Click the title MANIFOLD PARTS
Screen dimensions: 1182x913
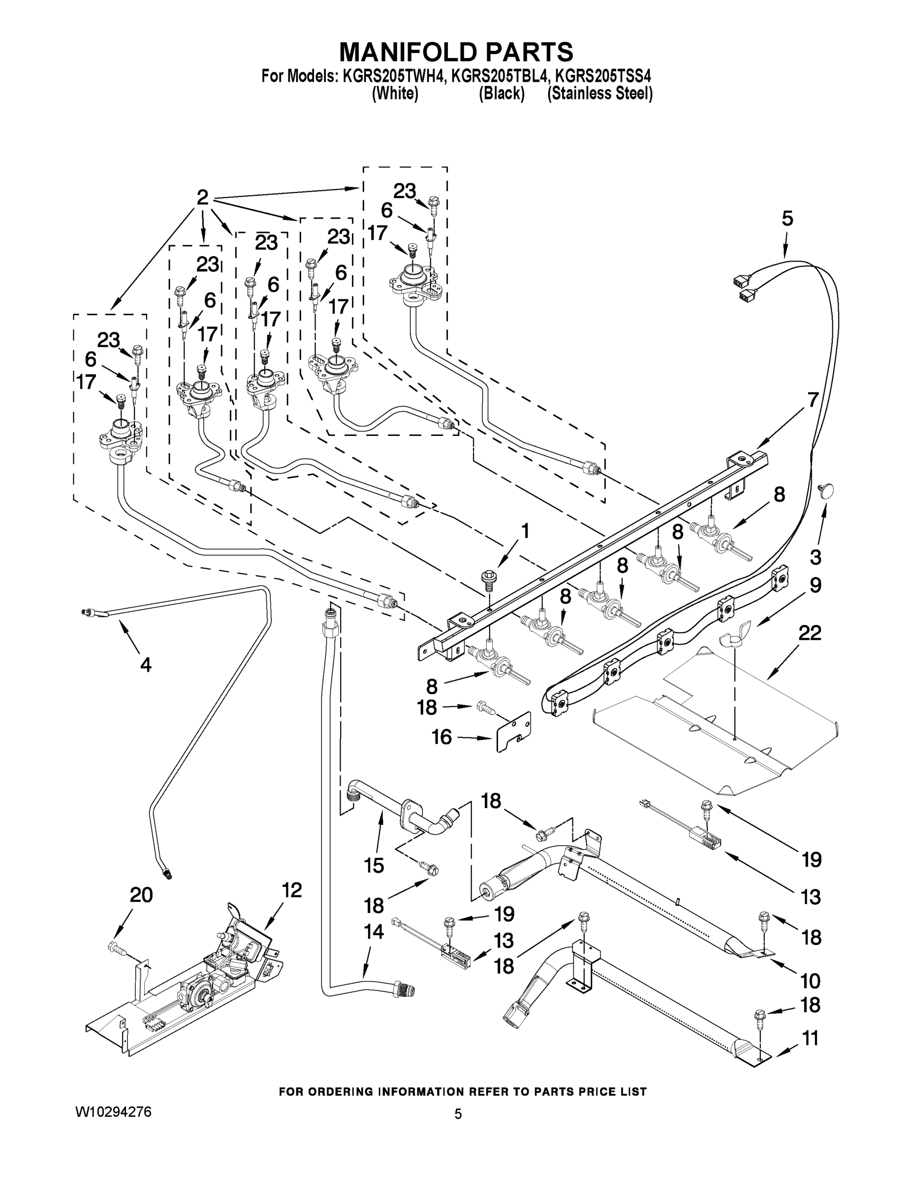[456, 52]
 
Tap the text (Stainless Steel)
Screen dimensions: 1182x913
[599, 94]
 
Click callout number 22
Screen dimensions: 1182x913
[810, 632]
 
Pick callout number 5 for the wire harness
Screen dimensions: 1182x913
[787, 219]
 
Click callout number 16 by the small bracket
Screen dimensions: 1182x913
[442, 737]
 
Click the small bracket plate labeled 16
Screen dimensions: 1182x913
[514, 731]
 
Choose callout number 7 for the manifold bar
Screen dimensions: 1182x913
[813, 399]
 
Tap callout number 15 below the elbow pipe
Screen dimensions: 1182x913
[374, 865]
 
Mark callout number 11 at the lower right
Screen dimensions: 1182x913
[810, 1038]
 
